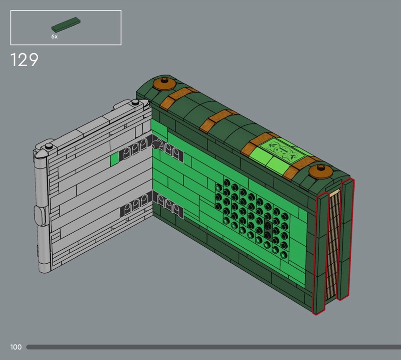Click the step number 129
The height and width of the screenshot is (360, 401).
tap(24, 60)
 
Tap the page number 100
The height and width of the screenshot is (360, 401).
tap(16, 347)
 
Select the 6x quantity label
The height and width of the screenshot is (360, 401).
tap(55, 37)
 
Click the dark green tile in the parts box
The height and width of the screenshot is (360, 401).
tap(66, 24)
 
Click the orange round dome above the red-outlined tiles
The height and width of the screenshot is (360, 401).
tap(320, 171)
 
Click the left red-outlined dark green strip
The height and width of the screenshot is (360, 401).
tap(320, 253)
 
